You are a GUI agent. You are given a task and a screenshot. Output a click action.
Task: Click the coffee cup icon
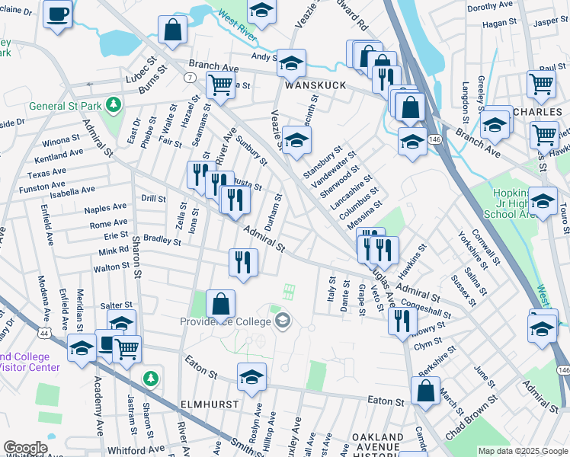pyautogui.click(x=58, y=13)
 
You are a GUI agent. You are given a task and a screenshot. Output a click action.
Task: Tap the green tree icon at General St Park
pyautogui.click(x=114, y=104)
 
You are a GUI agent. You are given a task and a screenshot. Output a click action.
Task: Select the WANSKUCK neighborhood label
pyautogui.click(x=315, y=85)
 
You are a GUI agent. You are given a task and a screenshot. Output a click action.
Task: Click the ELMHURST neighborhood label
pyautogui.click(x=210, y=403)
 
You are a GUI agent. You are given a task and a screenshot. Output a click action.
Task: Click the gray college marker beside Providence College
pyautogui.click(x=283, y=321)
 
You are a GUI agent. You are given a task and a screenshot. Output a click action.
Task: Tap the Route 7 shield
pyautogui.click(x=188, y=78)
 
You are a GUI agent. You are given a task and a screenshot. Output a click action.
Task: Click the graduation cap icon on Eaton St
pyautogui.click(x=251, y=376)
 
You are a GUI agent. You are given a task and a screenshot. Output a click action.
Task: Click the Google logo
pyautogui.click(x=25, y=448)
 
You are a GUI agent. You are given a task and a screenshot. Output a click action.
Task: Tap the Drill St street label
pyautogui.click(x=153, y=199)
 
